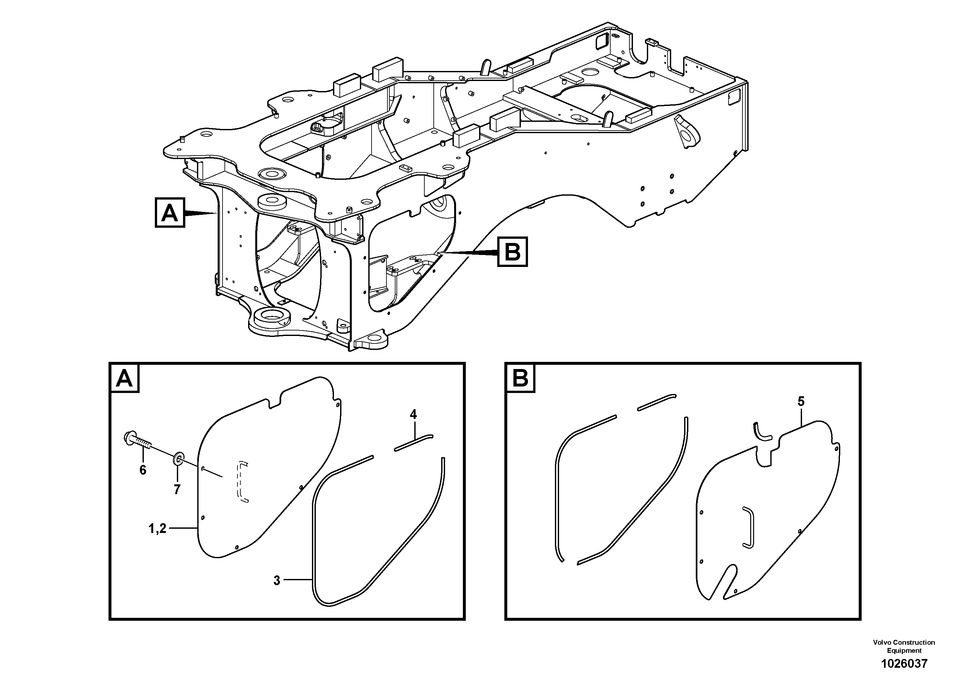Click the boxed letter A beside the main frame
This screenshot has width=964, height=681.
170,213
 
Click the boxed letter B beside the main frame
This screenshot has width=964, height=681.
512,252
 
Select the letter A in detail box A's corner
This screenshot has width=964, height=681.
124,378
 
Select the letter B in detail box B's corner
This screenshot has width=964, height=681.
520,378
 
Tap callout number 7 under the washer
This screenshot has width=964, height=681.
177,490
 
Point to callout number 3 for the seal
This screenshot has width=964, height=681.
277,581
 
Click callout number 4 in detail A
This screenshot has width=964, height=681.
413,415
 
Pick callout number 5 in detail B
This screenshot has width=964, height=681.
801,401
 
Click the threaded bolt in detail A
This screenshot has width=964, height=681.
139,441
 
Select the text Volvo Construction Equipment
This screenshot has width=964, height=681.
903,646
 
